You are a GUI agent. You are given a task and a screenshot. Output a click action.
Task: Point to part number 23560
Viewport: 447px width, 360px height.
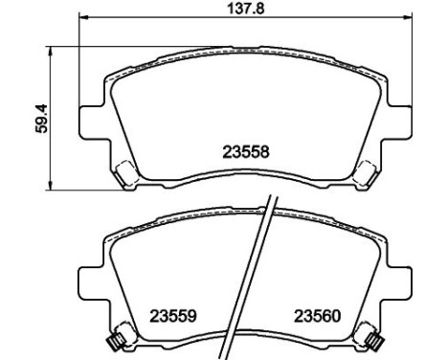click(x=317, y=315)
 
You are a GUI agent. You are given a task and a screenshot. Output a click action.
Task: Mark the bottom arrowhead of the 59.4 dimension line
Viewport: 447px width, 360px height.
click(x=50, y=186)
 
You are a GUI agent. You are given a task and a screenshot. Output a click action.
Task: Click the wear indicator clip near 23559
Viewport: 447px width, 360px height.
click(x=116, y=338)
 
